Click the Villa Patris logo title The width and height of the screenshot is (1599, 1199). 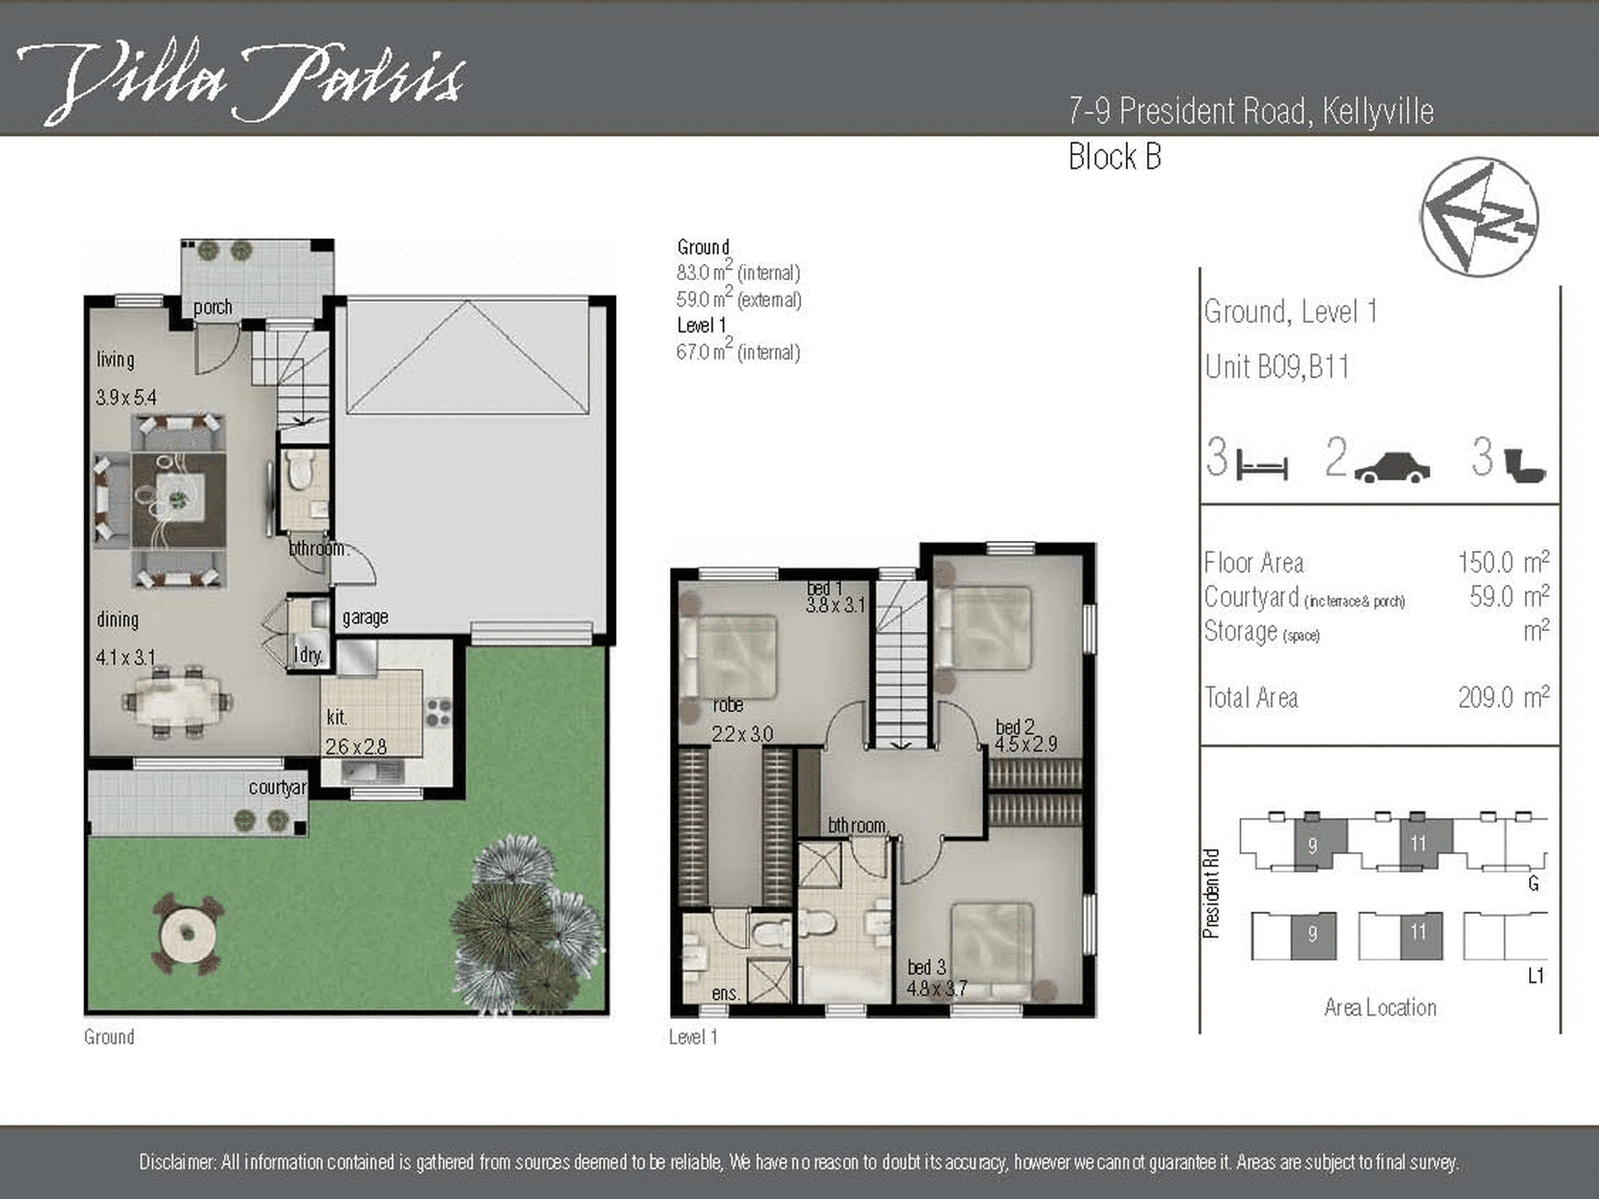pos(241,82)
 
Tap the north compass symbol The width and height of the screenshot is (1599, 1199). pos(1480,217)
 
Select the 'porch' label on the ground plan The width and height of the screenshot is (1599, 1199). pos(213,307)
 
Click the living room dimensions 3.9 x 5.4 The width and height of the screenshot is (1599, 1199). pos(126,397)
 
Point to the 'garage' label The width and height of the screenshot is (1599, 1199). pos(365,618)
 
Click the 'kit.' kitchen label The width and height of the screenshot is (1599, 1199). pos(337,718)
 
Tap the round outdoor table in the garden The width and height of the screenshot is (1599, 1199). pos(188,934)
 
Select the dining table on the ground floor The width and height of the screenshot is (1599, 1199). pos(178,701)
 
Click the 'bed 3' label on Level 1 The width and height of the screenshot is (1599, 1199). pos(927,968)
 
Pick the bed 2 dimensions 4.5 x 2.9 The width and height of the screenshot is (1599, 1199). pos(1026,745)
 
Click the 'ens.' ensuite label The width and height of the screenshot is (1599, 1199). pos(725,994)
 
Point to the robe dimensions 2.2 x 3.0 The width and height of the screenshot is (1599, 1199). pos(742,735)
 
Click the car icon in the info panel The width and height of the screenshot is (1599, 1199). pos(1392,468)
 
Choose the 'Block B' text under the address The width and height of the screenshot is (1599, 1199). pos(1115,157)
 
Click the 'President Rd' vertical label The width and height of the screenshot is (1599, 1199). pos(1211,894)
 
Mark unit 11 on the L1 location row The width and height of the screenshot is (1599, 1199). pos(1421,935)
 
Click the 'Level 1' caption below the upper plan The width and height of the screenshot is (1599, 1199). pos(693,1037)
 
